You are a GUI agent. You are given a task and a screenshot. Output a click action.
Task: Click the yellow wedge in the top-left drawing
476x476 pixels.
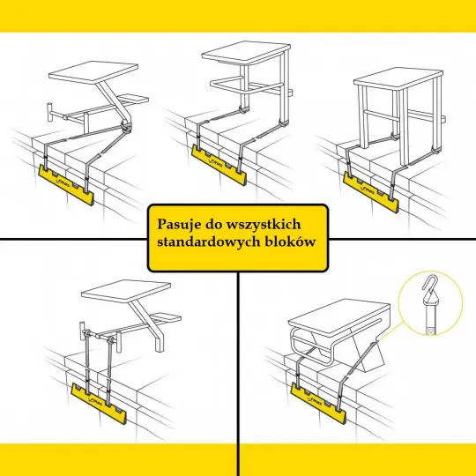[x=66, y=185]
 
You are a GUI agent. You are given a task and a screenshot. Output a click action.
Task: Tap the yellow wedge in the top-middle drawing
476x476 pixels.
[x=219, y=165]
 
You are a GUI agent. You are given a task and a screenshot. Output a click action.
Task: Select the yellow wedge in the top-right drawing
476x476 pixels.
[x=370, y=192]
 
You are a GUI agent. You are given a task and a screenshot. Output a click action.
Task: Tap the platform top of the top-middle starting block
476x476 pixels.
[x=246, y=53]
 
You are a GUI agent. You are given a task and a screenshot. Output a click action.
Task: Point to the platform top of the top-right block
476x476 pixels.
[x=398, y=78]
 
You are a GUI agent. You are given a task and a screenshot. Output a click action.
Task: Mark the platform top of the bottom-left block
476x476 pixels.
[x=126, y=291]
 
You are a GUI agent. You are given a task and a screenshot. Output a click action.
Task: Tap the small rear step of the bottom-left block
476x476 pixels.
[x=166, y=317]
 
